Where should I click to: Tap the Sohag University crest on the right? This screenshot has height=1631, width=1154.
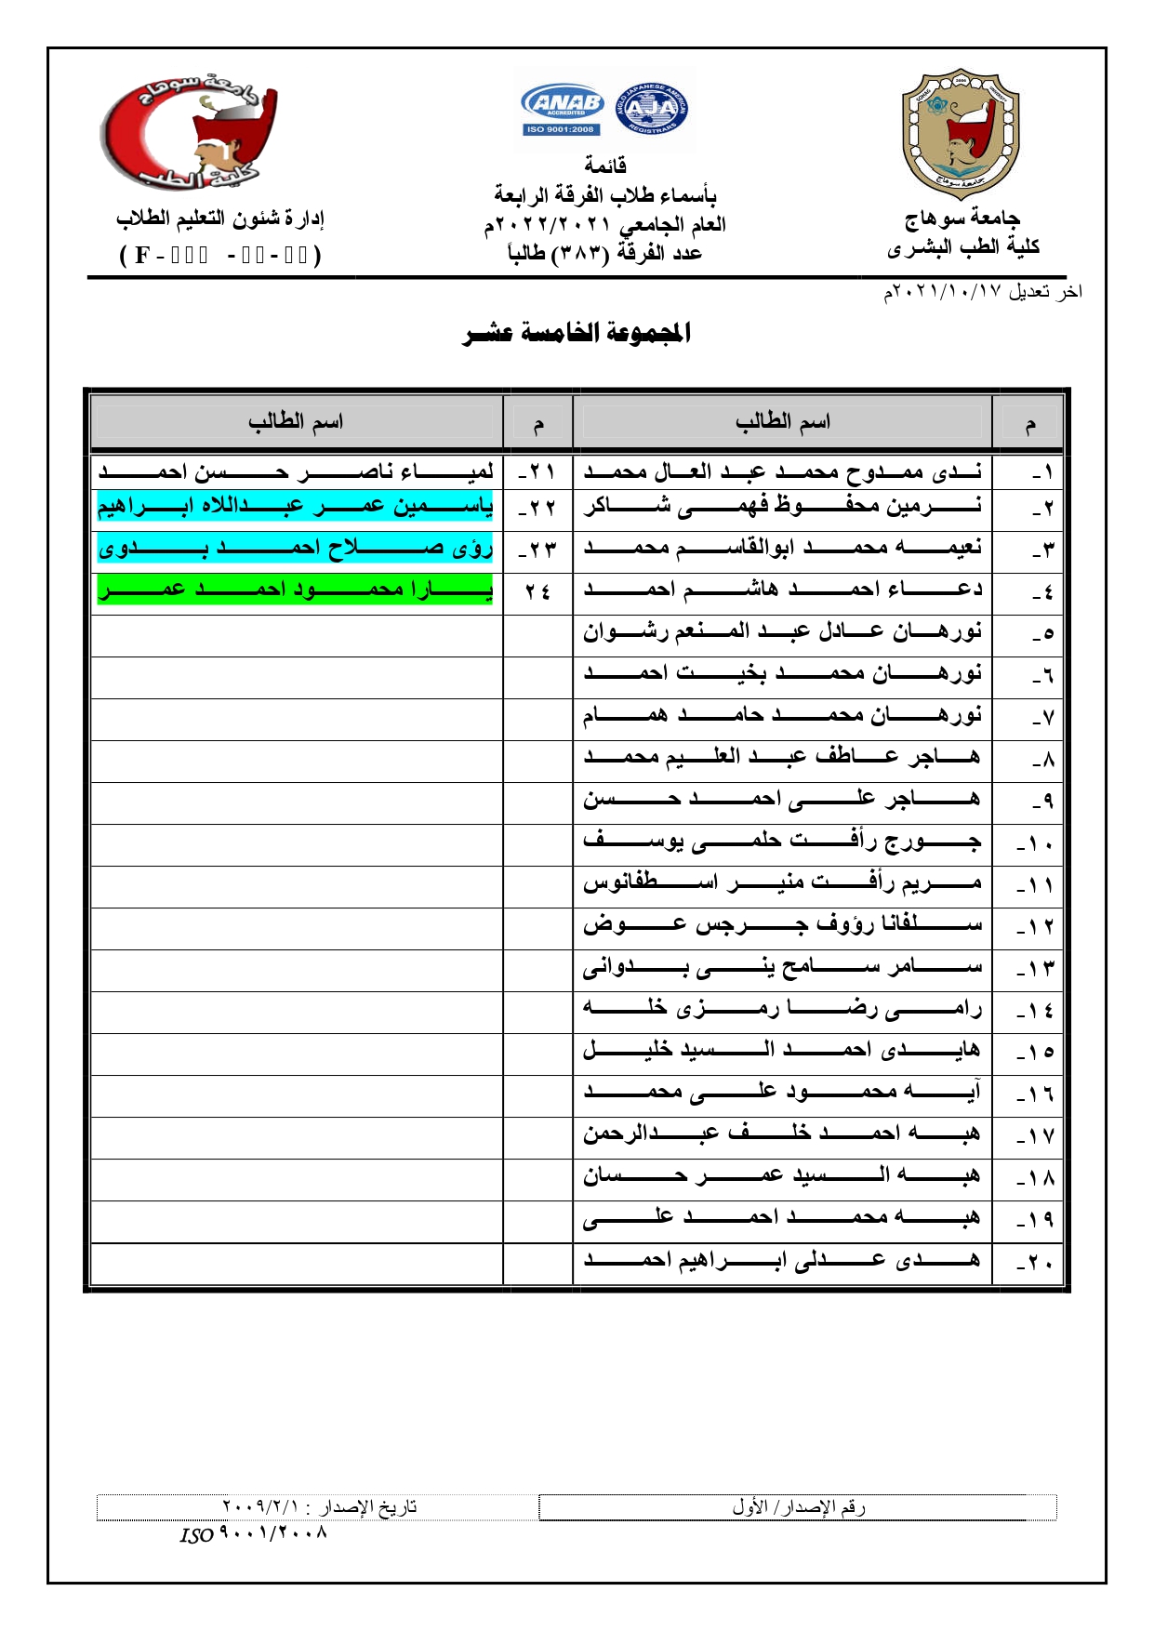click(960, 133)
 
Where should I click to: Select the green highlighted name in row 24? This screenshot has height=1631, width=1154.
click(296, 590)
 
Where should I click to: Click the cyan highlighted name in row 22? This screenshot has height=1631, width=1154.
click(296, 506)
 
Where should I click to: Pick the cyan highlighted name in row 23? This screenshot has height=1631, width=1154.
click(296, 548)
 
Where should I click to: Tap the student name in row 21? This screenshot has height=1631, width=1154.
click(296, 471)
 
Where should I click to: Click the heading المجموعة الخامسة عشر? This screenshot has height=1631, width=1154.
click(577, 333)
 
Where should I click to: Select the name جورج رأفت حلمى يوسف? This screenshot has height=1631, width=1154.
click(782, 842)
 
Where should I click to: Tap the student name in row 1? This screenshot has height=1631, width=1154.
click(782, 471)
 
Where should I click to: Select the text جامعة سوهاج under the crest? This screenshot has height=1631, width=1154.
click(962, 219)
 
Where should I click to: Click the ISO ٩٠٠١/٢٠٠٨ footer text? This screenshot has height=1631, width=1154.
click(254, 1533)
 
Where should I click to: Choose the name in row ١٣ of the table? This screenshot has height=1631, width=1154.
click(782, 967)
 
